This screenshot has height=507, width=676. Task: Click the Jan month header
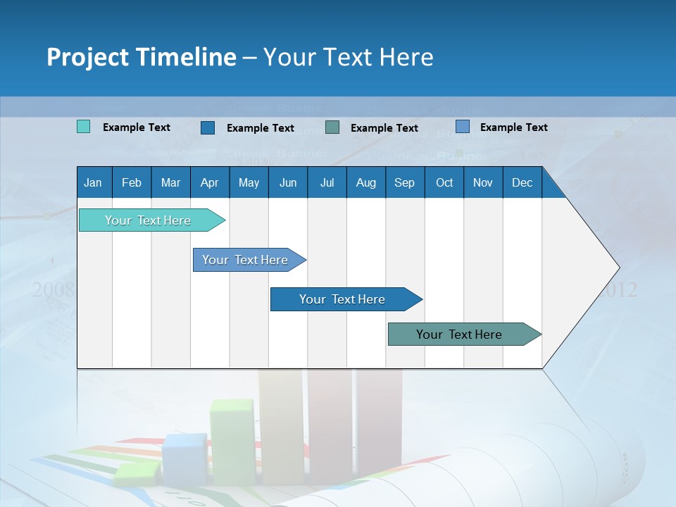(x=93, y=182)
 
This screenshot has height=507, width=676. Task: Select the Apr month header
(x=209, y=182)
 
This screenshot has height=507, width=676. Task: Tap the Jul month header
(x=327, y=182)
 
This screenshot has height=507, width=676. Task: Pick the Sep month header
(x=404, y=182)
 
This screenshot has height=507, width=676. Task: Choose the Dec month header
(x=522, y=182)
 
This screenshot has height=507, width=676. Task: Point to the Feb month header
(x=132, y=182)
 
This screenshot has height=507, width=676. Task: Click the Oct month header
(x=444, y=182)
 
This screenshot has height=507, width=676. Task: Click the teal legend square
(x=83, y=127)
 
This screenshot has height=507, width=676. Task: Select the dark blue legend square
(x=208, y=127)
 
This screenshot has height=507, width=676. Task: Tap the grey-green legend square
(x=332, y=127)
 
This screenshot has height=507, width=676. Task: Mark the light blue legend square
(x=463, y=127)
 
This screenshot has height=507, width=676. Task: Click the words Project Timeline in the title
(x=142, y=57)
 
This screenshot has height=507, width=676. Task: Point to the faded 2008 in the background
(x=53, y=289)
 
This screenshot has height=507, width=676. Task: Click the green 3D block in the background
(x=232, y=440)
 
